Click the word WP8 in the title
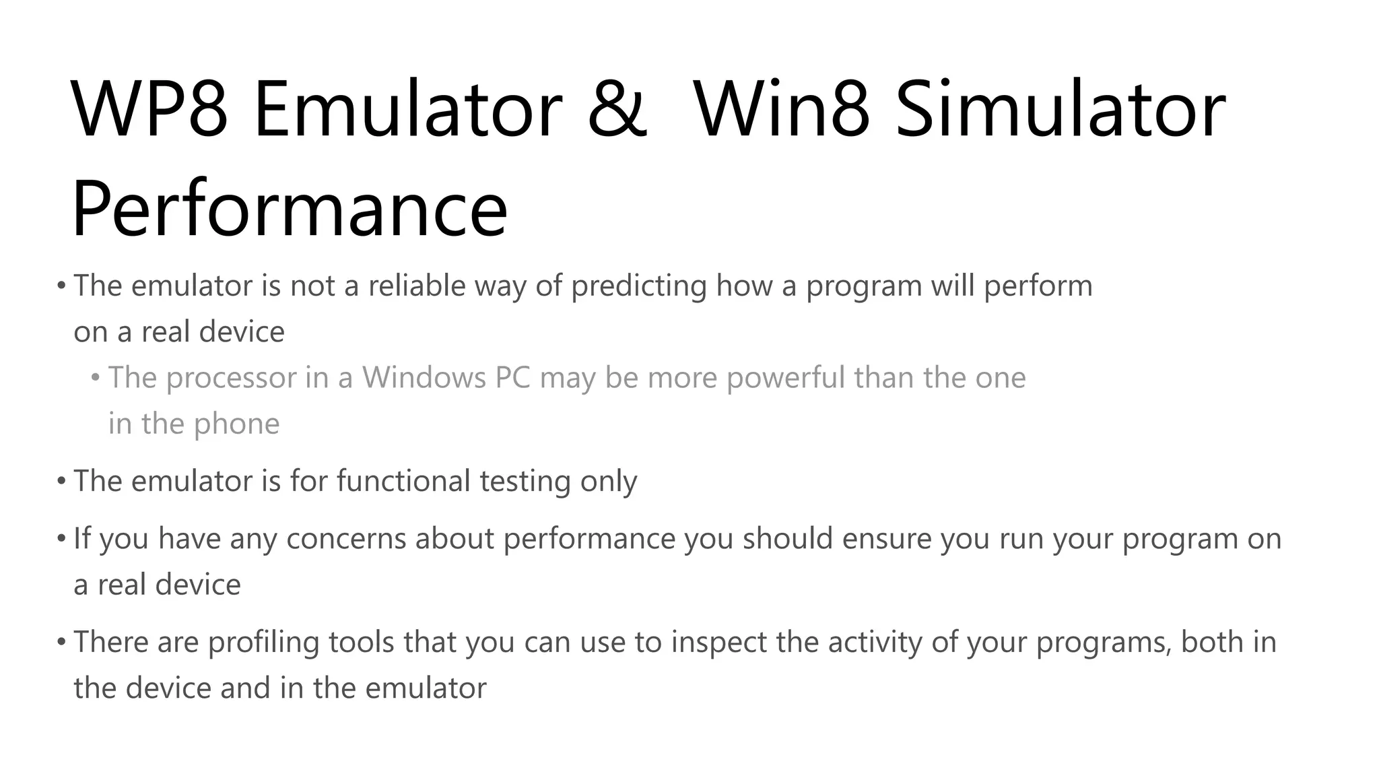point(149,109)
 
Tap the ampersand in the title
point(617,109)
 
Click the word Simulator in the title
point(1061,109)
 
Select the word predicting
point(638,287)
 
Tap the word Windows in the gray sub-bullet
point(424,377)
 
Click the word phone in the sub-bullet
point(236,424)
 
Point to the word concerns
point(346,539)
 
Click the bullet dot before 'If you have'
point(61,538)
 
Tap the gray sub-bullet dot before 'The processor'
point(96,377)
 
